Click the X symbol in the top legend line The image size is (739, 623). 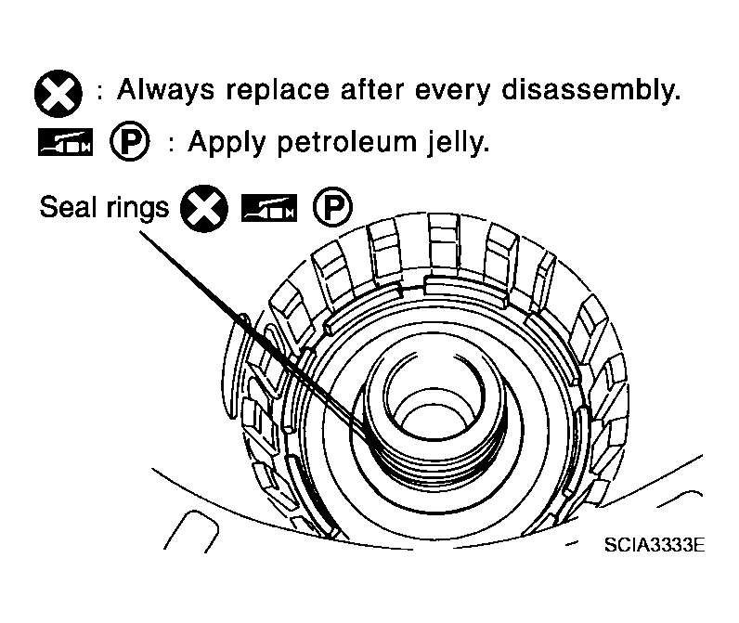(58, 93)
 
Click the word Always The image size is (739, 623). (165, 90)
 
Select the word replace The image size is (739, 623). (277, 91)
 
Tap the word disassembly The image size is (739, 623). (590, 90)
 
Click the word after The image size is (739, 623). (372, 89)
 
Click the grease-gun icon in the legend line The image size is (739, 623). (66, 141)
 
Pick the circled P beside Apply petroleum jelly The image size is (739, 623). (130, 141)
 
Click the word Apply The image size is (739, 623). (227, 142)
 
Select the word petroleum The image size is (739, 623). (347, 142)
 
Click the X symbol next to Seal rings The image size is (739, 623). (204, 208)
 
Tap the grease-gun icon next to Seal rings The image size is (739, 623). (269, 207)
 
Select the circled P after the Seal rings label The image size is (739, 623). (332, 207)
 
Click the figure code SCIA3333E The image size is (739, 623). (655, 545)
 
